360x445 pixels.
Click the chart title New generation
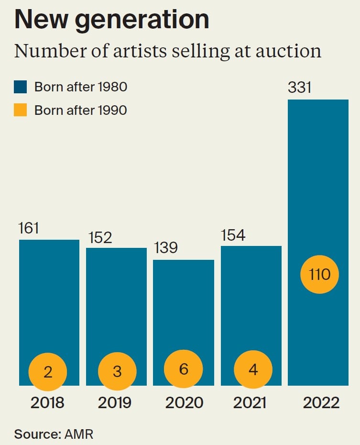point(111,20)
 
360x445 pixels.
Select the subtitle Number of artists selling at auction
point(167,51)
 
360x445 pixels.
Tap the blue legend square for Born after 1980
point(21,87)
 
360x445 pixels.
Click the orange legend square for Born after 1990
point(21,110)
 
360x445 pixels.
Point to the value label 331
point(300,88)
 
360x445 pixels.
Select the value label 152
point(100,237)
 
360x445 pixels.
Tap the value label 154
point(233,235)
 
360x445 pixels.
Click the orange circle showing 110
point(319,275)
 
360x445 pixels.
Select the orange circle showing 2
point(48,372)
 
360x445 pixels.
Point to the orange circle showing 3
point(117,372)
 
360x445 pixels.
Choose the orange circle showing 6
point(184,369)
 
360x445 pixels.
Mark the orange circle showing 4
point(253,370)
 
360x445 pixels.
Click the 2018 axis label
point(47,402)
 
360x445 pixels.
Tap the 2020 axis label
point(184,402)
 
